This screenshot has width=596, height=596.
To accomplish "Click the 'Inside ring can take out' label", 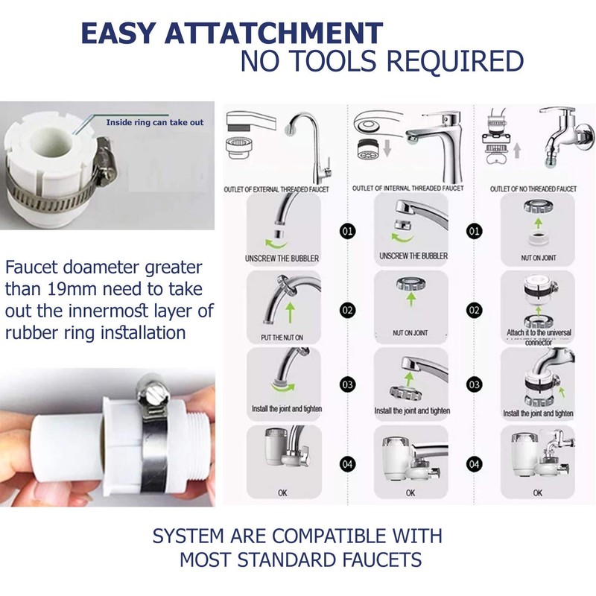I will point(154,122).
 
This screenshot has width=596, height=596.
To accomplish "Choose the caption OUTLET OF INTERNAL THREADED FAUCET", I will point(408,188).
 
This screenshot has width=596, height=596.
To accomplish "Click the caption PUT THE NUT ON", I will point(282,337).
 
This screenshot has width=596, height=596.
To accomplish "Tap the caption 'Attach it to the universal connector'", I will point(537,335).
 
